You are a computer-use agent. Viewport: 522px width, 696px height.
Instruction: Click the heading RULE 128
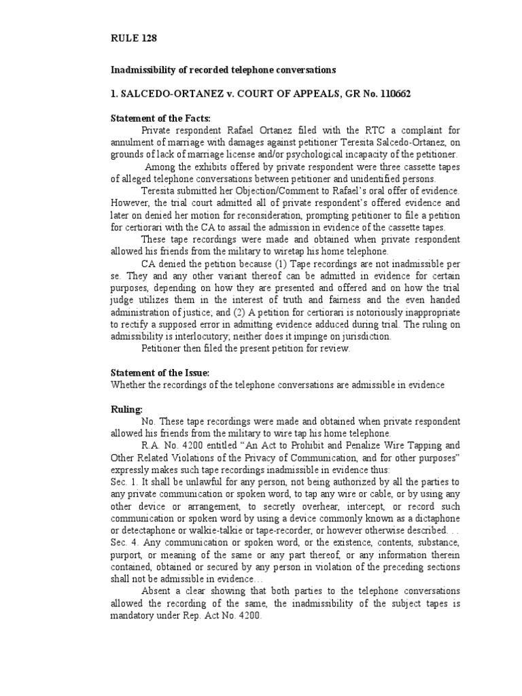(134, 39)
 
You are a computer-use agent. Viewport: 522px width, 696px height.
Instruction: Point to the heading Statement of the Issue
(160, 373)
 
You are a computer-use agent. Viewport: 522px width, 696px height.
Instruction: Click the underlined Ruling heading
(127, 410)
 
